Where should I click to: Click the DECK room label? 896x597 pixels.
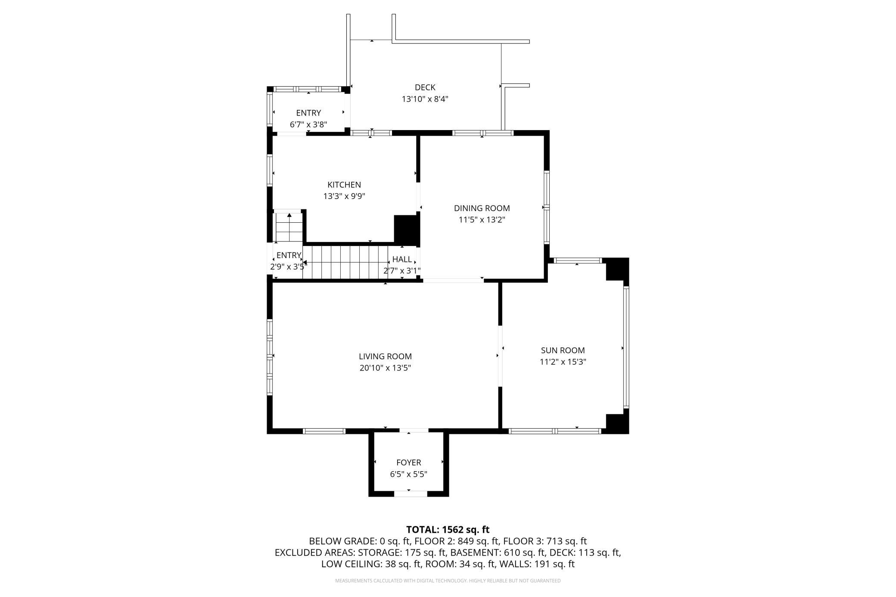[425, 87]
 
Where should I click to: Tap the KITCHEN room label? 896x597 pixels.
[344, 185]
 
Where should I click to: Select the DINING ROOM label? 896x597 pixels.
[482, 208]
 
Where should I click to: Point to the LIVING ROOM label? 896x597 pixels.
[385, 356]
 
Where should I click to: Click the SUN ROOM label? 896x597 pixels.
[563, 350]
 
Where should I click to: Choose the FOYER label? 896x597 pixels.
[408, 462]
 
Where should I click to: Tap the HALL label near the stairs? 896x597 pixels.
[402, 259]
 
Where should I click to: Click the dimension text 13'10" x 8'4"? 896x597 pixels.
[425, 99]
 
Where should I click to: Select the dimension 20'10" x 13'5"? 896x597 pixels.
[385, 368]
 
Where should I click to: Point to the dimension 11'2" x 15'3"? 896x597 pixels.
[563, 362]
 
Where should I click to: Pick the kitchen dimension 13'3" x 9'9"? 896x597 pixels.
[344, 196]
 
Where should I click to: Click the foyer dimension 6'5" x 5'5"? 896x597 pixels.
[408, 474]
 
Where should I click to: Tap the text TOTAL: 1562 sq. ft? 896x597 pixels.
[448, 529]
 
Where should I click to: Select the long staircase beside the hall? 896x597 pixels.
[345, 262]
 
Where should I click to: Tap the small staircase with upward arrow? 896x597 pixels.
[289, 227]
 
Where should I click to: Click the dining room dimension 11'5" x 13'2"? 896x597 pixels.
[482, 220]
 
